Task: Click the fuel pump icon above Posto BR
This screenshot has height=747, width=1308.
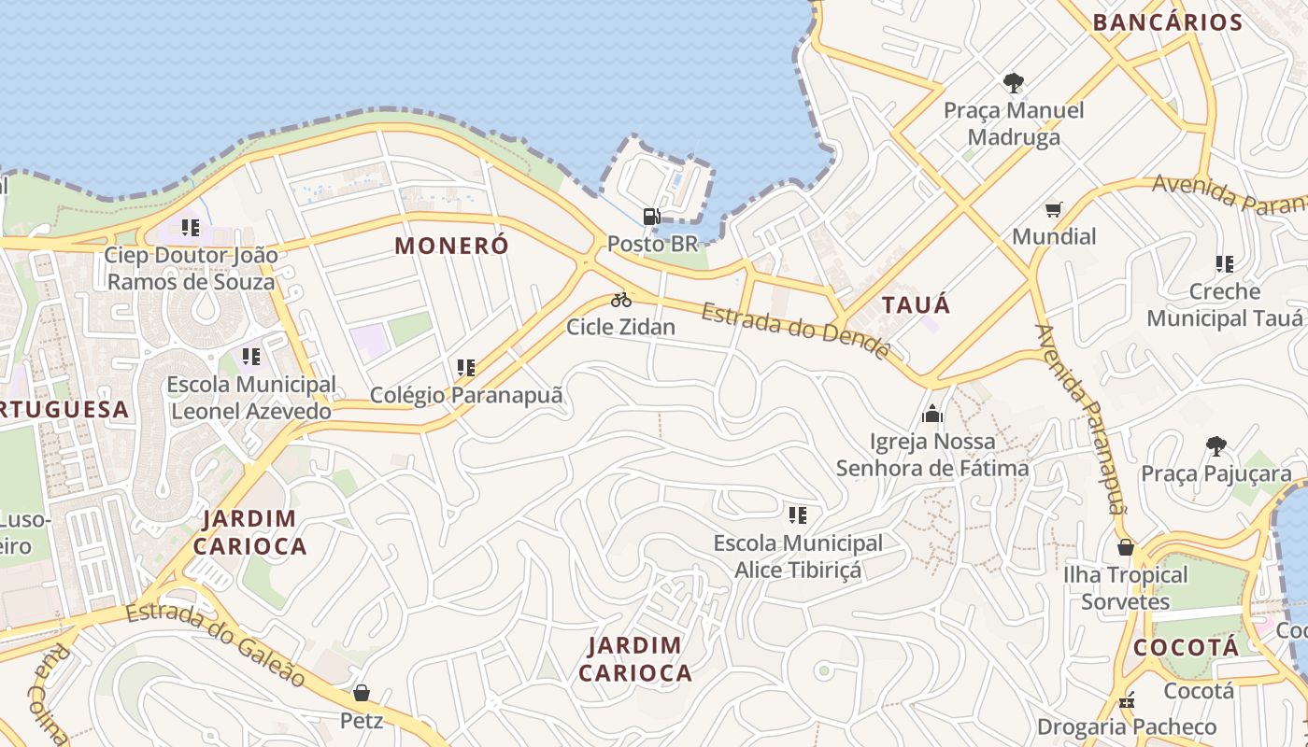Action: (651, 217)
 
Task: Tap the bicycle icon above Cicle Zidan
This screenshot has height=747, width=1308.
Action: (621, 300)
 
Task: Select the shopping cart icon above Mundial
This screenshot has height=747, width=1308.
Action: (1054, 209)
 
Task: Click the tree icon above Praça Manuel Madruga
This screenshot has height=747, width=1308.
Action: (1013, 83)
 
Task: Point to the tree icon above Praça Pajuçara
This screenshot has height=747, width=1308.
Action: (1216, 446)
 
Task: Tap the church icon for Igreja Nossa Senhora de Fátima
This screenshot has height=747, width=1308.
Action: (932, 414)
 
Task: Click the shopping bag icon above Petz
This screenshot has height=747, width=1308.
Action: (362, 693)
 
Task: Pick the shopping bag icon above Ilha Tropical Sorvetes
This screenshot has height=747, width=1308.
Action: (1126, 546)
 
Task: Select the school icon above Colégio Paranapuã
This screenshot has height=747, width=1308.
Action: (466, 368)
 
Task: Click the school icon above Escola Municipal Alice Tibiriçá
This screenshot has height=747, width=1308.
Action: (797, 514)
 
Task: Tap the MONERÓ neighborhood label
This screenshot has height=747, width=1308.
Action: (452, 246)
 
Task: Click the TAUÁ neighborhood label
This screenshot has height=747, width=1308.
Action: (916, 305)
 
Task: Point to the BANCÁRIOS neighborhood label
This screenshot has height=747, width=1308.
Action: (1167, 22)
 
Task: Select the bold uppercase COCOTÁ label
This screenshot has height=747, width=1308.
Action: (1186, 647)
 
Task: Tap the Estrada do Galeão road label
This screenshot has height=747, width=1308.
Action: (217, 643)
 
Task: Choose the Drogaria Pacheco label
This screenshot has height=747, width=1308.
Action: (1127, 726)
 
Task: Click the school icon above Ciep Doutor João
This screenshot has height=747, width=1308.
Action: (191, 227)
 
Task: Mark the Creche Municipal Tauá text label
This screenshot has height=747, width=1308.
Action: (1224, 304)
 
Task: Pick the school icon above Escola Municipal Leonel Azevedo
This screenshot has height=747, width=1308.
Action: (250, 356)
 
